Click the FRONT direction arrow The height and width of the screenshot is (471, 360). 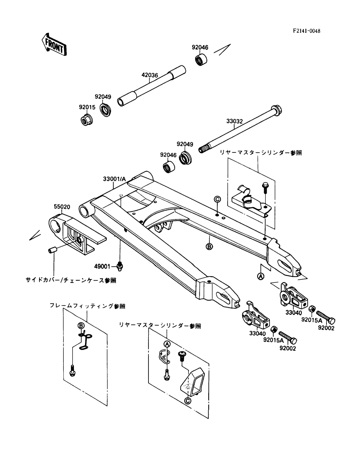tap(54, 45)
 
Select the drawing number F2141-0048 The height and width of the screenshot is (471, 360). tap(306, 31)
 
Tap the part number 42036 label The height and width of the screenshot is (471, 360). tap(150, 75)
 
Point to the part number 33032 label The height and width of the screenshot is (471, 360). tap(235, 121)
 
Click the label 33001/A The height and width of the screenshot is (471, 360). tap(114, 179)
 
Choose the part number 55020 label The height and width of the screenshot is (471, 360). tap(62, 207)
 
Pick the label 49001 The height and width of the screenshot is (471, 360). tap(102, 266)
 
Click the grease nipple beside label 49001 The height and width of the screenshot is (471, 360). tap(120, 266)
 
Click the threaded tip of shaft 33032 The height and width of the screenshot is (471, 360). tap(202, 149)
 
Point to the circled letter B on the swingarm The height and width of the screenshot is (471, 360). tap(209, 247)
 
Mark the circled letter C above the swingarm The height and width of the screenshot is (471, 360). tap(217, 199)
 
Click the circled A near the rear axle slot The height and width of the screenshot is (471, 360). tap(261, 276)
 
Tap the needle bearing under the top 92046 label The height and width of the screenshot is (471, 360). tap(201, 60)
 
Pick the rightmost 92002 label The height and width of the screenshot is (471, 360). tap(326, 328)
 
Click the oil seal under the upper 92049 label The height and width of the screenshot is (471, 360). tap(105, 110)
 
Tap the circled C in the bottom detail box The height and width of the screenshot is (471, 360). tap(188, 401)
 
